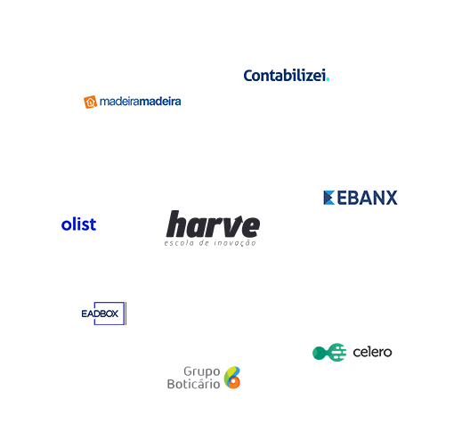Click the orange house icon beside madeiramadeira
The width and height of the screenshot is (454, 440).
coord(90,102)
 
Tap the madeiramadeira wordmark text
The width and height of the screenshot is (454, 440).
coord(140,102)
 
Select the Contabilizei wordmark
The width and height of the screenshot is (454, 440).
coord(285,76)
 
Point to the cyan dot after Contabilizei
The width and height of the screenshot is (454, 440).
coord(328,79)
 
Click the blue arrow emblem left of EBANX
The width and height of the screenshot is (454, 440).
coord(328,198)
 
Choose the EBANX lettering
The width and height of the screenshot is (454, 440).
coord(367,198)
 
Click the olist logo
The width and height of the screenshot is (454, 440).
coord(78,224)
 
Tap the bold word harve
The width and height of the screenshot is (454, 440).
coord(213,224)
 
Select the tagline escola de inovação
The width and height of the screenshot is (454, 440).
coord(210,243)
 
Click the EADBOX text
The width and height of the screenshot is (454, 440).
coord(100,314)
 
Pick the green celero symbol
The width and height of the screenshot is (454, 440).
coord(329,353)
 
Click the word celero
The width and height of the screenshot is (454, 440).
coord(372,353)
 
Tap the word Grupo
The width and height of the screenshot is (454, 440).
coord(202,371)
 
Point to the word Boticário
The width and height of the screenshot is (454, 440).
coord(193,384)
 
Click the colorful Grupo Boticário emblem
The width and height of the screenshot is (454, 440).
coord(232,378)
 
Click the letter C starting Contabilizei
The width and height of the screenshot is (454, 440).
coord(248,76)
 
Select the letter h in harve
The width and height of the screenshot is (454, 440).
coord(176,224)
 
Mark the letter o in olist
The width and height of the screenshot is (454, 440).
coord(66,225)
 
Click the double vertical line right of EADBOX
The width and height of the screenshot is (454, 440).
coord(126,314)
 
